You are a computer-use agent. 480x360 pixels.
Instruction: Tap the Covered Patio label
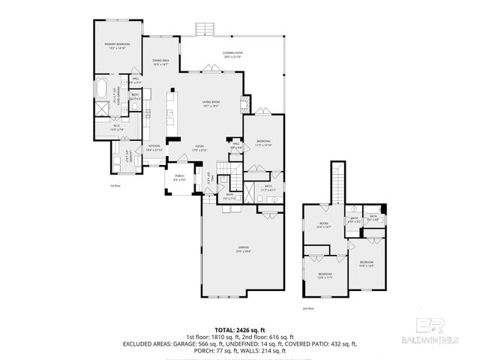click(231, 53)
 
